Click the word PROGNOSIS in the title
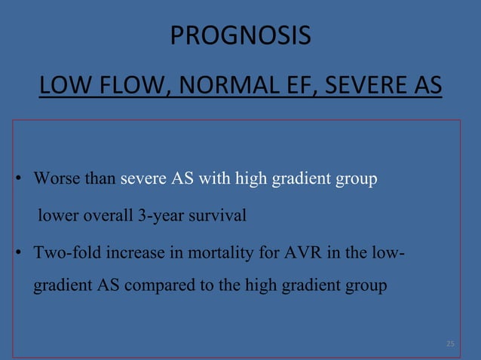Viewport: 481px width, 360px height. click(240, 35)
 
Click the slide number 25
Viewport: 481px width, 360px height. click(450, 344)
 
